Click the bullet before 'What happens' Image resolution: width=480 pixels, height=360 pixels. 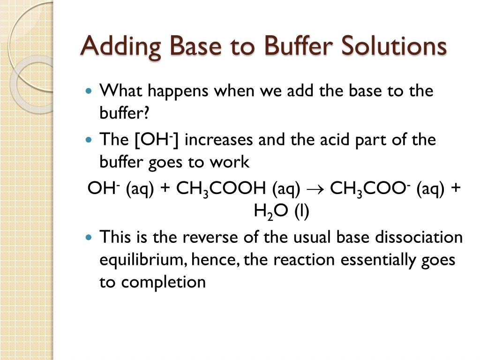(x=90, y=91)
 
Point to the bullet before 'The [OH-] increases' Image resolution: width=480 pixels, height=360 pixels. (x=90, y=140)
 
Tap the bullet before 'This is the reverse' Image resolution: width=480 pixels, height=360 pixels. (x=90, y=238)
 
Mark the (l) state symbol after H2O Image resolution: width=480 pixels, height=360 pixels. (x=302, y=212)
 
